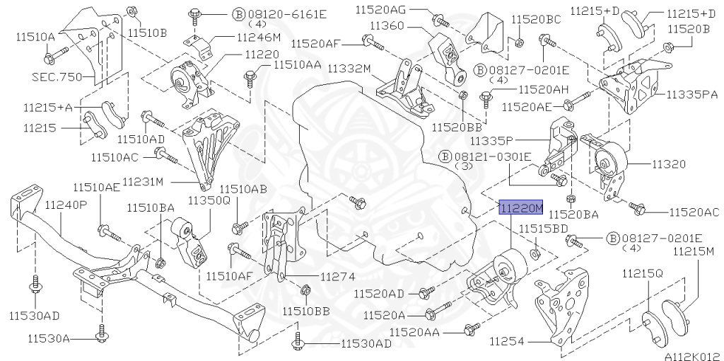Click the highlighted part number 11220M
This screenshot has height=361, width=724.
tap(521, 207)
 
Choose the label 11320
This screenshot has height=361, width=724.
tap(668, 164)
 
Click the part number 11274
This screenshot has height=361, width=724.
tap(337, 277)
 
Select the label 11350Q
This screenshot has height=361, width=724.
tap(209, 200)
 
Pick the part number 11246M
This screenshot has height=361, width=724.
tap(258, 38)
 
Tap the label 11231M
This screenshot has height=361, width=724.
tap(144, 182)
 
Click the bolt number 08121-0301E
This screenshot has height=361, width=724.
tap(494, 156)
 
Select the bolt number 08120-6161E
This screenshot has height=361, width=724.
tap(279, 13)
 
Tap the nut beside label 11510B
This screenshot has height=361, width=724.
tap(132, 11)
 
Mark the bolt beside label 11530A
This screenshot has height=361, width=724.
tap(102, 332)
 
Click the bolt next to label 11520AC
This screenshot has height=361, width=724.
tap(639, 208)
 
